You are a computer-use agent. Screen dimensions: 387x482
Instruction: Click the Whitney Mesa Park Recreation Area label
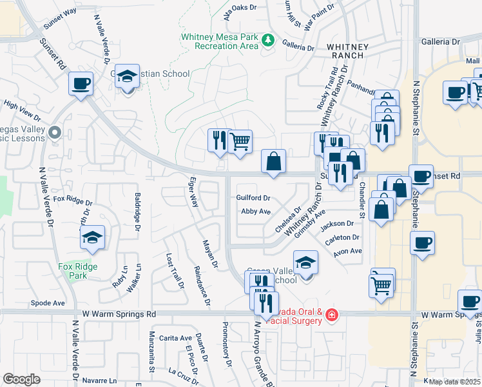click(220, 42)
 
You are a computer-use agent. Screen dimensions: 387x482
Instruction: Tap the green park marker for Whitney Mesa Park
click(269, 41)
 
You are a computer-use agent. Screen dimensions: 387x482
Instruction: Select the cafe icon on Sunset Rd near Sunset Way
click(81, 84)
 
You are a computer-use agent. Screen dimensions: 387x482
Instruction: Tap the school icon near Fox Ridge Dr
click(93, 239)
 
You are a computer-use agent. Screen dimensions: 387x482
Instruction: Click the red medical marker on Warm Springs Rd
click(331, 315)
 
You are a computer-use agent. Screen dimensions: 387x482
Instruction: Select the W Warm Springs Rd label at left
click(114, 314)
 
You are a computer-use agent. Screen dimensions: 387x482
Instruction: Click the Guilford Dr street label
click(253, 198)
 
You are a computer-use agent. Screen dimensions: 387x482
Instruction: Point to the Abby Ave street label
click(255, 212)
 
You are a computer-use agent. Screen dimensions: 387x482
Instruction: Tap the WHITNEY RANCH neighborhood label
click(348, 52)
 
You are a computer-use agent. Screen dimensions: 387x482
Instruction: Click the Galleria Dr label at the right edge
click(441, 41)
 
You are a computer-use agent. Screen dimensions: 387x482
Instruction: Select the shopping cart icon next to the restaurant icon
click(240, 141)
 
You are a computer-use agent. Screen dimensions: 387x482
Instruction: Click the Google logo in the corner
click(22, 379)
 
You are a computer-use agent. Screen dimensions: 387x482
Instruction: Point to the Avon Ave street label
click(348, 252)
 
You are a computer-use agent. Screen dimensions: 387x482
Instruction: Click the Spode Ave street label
click(48, 303)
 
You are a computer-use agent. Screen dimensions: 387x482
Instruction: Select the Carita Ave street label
click(176, 338)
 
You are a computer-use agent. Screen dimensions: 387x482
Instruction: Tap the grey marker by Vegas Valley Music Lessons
click(55, 134)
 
